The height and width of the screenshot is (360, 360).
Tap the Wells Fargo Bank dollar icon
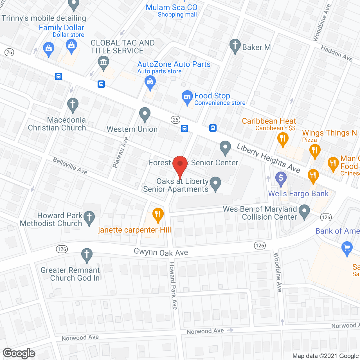pyautogui.click(x=281, y=178)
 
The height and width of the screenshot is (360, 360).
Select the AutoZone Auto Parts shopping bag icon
pyautogui.click(x=150, y=82)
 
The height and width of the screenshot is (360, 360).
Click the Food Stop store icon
pyautogui.click(x=187, y=96)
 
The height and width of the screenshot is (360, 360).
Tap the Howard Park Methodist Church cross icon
pyautogui.click(x=89, y=217)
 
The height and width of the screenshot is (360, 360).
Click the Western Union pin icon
pyautogui.click(x=145, y=114)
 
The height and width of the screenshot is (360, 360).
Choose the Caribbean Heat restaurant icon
pyautogui.click(x=283, y=139)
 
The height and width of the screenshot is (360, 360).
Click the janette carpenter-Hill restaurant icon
pyautogui.click(x=158, y=215)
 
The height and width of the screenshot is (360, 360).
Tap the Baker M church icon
pyautogui.click(x=235, y=46)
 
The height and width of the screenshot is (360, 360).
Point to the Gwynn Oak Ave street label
pyautogui.click(x=161, y=252)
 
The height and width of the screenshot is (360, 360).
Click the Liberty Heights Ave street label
pyautogui.click(x=268, y=158)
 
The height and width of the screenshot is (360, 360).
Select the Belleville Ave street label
pyautogui.click(x=70, y=166)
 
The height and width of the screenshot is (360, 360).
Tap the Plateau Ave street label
pyautogui.click(x=120, y=152)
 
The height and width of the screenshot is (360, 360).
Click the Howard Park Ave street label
pyautogui.click(x=173, y=285)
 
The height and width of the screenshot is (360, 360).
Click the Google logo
pyautogui.click(x=19, y=353)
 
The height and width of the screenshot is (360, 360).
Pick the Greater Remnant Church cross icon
pyautogui.click(x=87, y=255)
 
